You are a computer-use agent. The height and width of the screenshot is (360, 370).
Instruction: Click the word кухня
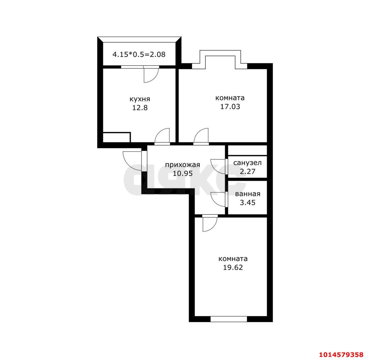(140, 99)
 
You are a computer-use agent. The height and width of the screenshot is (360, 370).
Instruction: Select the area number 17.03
(230, 107)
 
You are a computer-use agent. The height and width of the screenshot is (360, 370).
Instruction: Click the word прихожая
(182, 165)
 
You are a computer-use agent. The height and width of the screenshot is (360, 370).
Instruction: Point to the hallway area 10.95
(182, 173)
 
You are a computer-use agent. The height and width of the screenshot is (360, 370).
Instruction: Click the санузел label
(247, 163)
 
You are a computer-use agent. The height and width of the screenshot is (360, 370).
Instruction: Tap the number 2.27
(247, 171)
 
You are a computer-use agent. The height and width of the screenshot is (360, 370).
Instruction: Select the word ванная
(247, 194)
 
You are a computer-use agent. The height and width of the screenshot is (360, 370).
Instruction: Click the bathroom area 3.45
(247, 202)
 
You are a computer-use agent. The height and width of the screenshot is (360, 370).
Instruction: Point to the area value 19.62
(233, 267)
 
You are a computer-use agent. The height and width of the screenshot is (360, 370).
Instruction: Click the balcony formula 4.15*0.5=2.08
(139, 54)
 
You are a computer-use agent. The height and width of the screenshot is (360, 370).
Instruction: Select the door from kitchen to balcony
(151, 74)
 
